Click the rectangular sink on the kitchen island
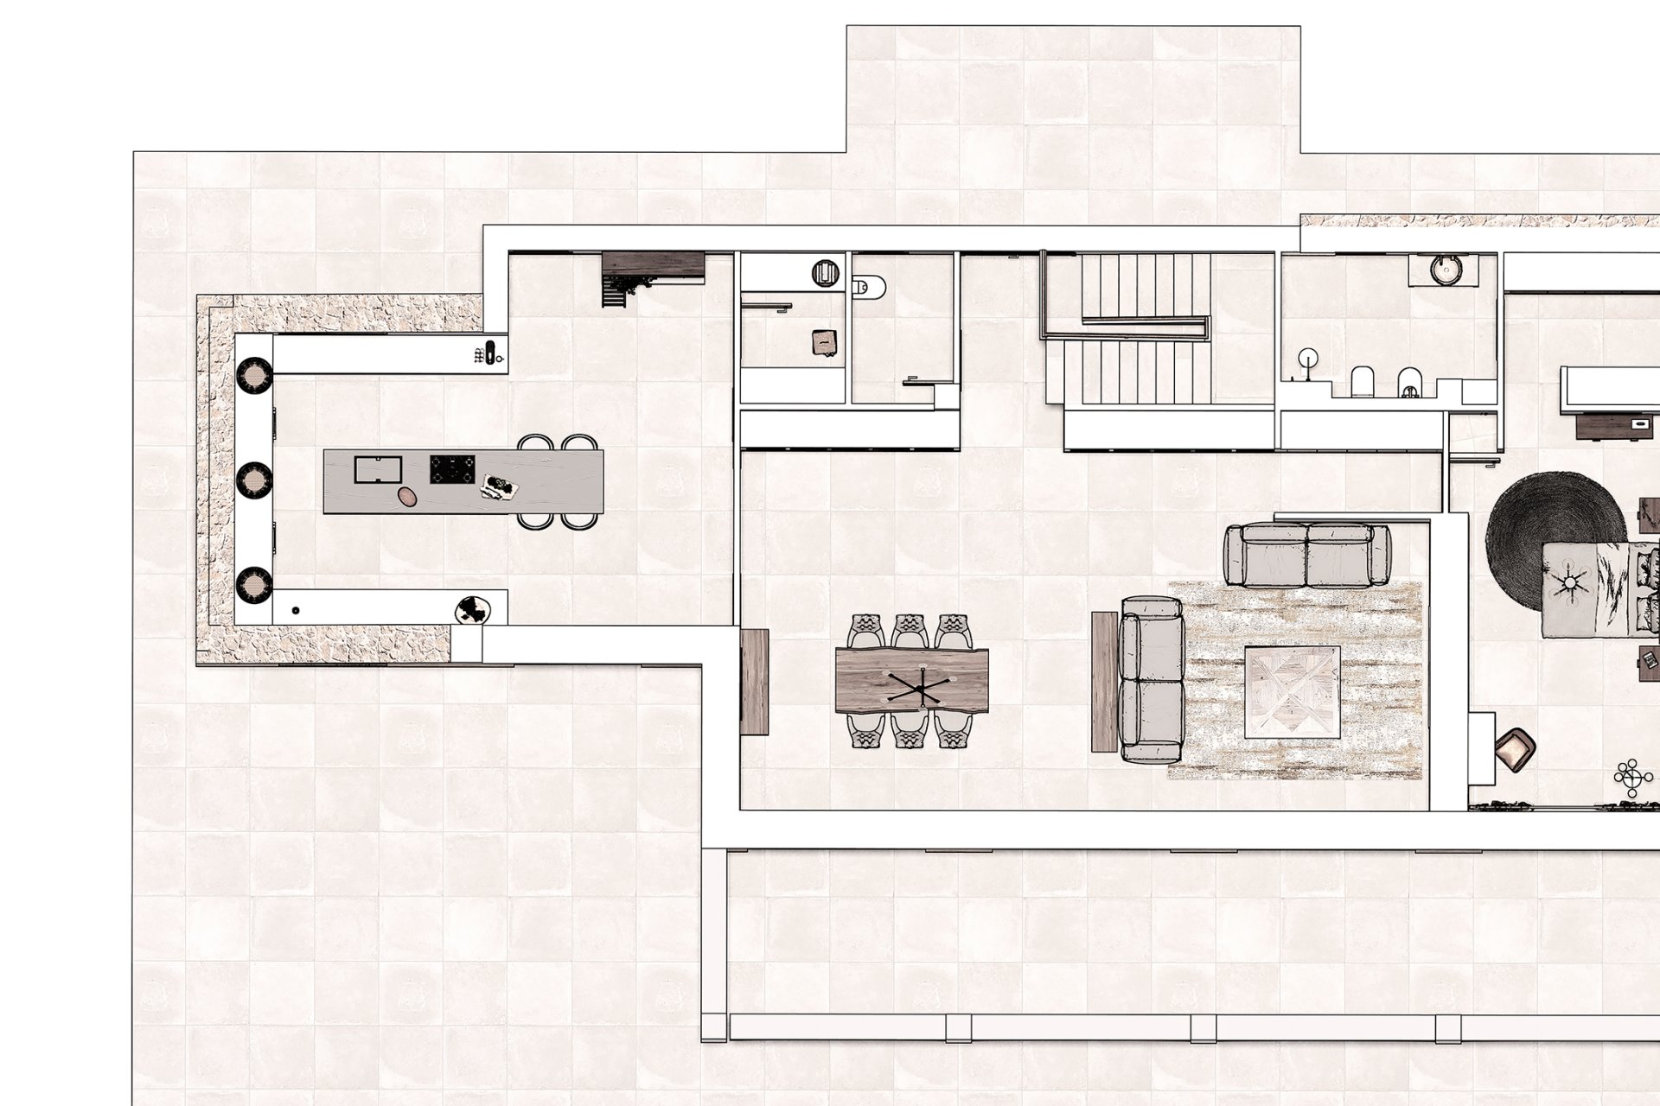tap(379, 471)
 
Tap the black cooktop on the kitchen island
tap(454, 471)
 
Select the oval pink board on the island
tap(406, 496)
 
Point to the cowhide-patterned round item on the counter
tap(473, 610)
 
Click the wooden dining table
tap(912, 680)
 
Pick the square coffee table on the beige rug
tap(1293, 692)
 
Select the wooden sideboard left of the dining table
tap(755, 682)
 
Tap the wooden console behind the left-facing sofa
tap(1105, 681)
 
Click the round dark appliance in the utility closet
tap(825, 274)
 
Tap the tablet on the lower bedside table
tap(1650, 661)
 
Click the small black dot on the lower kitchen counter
tap(296, 610)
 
